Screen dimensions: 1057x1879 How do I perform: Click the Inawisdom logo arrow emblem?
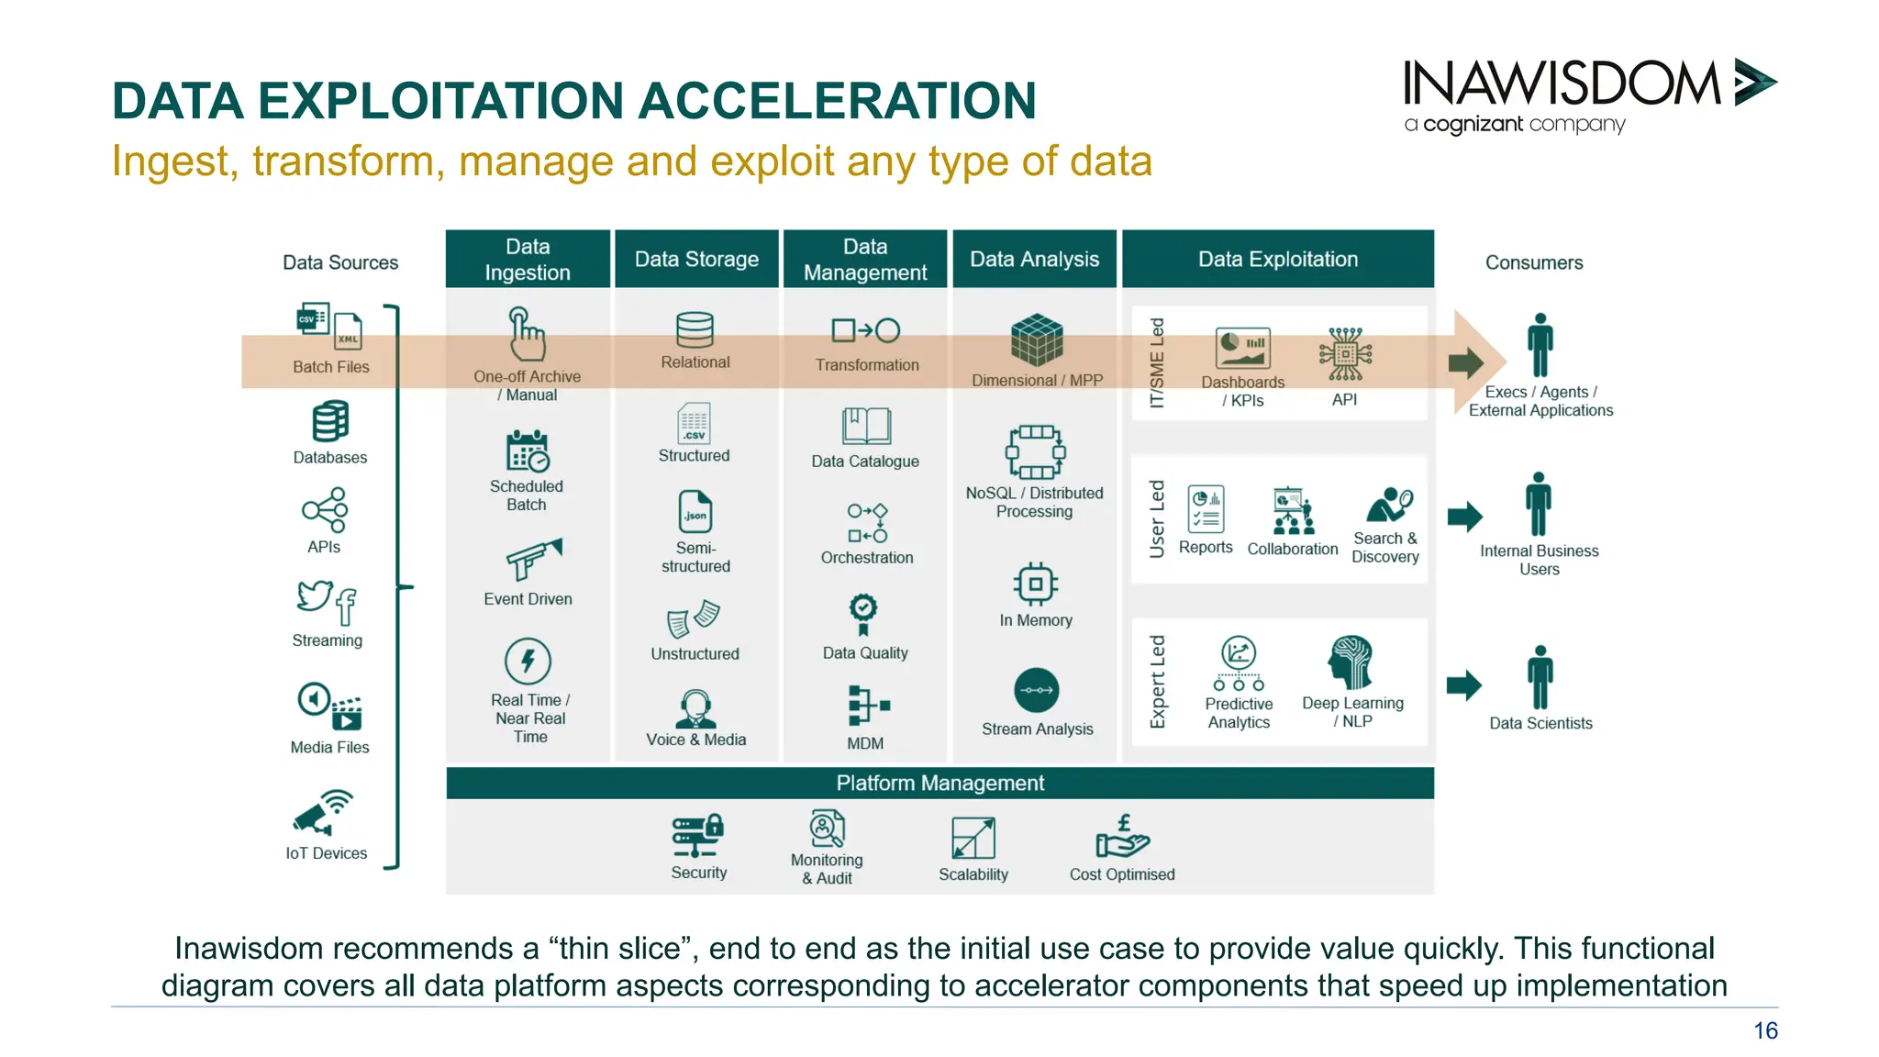[x=1754, y=83]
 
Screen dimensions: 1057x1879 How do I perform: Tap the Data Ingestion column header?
[x=528, y=260]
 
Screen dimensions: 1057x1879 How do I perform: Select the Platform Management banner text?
[x=939, y=783]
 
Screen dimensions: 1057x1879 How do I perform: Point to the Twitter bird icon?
[x=314, y=595]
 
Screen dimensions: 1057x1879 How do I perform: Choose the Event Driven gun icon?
[x=533, y=559]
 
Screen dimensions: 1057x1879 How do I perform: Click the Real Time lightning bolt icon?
[x=528, y=661]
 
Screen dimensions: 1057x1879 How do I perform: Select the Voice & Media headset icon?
[x=695, y=708]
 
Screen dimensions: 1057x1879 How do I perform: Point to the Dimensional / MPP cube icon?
[x=1036, y=340]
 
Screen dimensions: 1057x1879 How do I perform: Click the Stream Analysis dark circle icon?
[x=1036, y=690]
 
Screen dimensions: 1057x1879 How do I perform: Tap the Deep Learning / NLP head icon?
[x=1351, y=662]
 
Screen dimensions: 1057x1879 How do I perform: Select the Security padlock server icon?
[x=697, y=835]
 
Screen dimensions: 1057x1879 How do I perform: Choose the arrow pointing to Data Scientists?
[x=1464, y=684]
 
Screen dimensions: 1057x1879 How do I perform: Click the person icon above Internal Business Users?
[x=1539, y=504]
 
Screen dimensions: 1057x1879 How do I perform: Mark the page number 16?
[x=1765, y=1030]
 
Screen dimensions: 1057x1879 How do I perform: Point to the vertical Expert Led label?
[x=1157, y=681]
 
